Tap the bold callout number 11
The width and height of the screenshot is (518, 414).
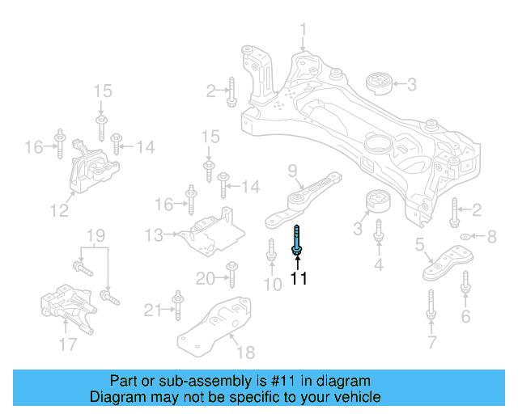point(299,280)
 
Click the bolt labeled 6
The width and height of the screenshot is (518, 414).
point(465,284)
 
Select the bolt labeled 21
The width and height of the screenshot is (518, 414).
point(176,308)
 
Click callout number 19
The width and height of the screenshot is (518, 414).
point(96,236)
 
